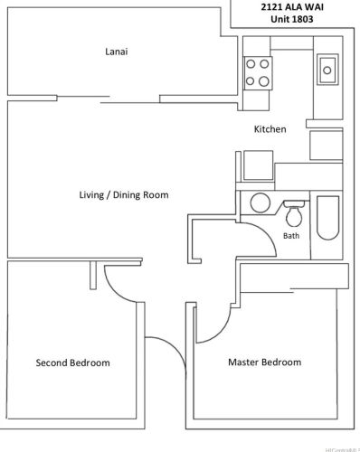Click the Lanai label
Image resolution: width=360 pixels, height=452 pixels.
click(115, 52)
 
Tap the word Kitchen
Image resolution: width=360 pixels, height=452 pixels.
click(270, 129)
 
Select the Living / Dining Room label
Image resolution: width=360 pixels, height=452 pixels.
click(124, 194)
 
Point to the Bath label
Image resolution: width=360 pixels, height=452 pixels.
click(290, 236)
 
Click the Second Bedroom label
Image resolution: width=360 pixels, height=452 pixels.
click(72, 363)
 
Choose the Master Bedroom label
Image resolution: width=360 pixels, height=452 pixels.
click(264, 363)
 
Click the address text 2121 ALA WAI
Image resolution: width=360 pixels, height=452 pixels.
click(294, 7)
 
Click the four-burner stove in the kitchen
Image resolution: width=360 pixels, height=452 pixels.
click(258, 72)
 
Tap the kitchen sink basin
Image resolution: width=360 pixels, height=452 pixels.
click(327, 68)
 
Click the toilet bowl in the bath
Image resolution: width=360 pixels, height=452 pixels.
click(293, 218)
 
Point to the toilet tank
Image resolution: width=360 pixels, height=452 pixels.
click(293, 204)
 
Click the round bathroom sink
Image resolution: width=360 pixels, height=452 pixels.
click(260, 202)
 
